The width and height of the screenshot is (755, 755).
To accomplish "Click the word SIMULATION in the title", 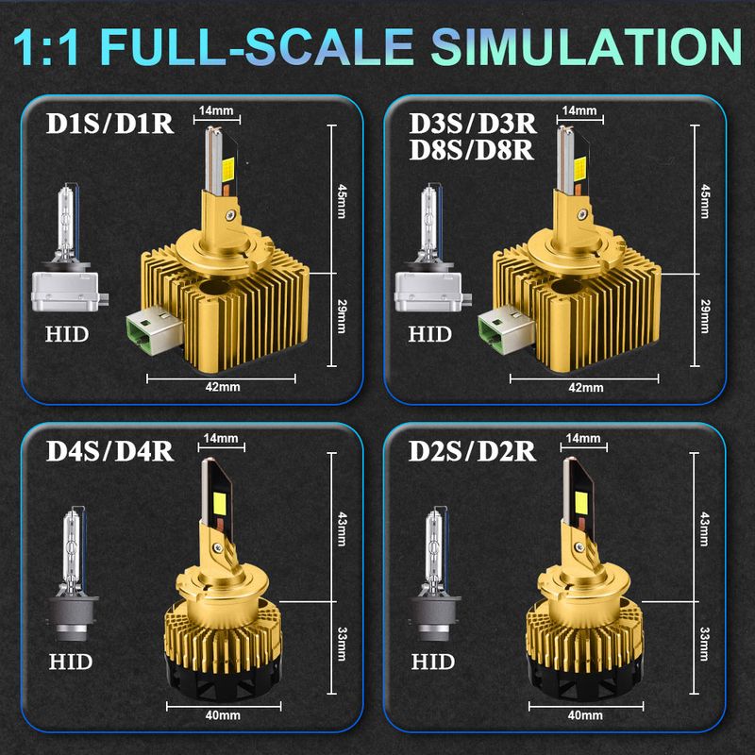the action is tap(586, 46).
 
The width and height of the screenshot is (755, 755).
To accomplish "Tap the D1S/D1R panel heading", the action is tap(109, 124).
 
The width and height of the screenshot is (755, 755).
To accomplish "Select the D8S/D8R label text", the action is tap(471, 150).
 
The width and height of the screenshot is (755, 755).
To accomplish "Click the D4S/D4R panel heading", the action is tap(109, 452).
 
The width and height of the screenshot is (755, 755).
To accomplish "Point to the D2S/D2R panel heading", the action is tap(472, 452).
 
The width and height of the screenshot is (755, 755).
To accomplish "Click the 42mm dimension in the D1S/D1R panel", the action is tap(222, 387).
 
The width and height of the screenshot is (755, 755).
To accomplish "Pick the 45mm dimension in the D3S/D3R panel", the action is tap(705, 201).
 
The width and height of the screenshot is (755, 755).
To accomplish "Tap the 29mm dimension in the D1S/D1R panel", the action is tap(342, 316).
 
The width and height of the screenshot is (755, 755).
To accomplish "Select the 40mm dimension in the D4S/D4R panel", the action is tap(222, 715).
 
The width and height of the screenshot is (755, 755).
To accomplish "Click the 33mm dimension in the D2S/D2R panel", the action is tap(704, 644).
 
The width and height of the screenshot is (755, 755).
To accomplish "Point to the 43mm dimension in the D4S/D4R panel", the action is tap(342, 528).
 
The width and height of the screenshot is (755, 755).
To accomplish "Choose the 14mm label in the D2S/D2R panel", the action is tap(583, 438).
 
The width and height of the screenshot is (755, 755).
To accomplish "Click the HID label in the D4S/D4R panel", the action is tap(70, 663).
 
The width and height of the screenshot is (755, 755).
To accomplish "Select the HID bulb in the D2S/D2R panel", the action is tap(435, 574).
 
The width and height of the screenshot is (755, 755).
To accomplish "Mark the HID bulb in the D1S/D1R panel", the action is tap(69, 247).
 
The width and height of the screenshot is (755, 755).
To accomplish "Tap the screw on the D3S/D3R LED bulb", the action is tap(584, 213).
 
